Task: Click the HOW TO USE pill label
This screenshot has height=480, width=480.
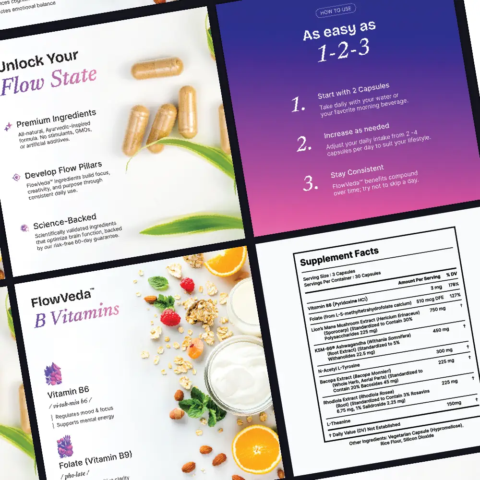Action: pos(336,11)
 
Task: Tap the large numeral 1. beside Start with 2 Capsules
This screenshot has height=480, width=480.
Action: pos(299,105)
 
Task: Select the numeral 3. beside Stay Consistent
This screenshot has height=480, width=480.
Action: pos(311,183)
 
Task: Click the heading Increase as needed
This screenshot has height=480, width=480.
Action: pos(356,130)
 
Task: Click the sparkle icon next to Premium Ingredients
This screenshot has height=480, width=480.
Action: pos(8,126)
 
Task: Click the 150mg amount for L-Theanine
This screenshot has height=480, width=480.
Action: pos(454,403)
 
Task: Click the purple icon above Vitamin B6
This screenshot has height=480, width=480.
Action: pos(53,374)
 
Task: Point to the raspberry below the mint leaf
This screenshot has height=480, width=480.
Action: pos(170,317)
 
